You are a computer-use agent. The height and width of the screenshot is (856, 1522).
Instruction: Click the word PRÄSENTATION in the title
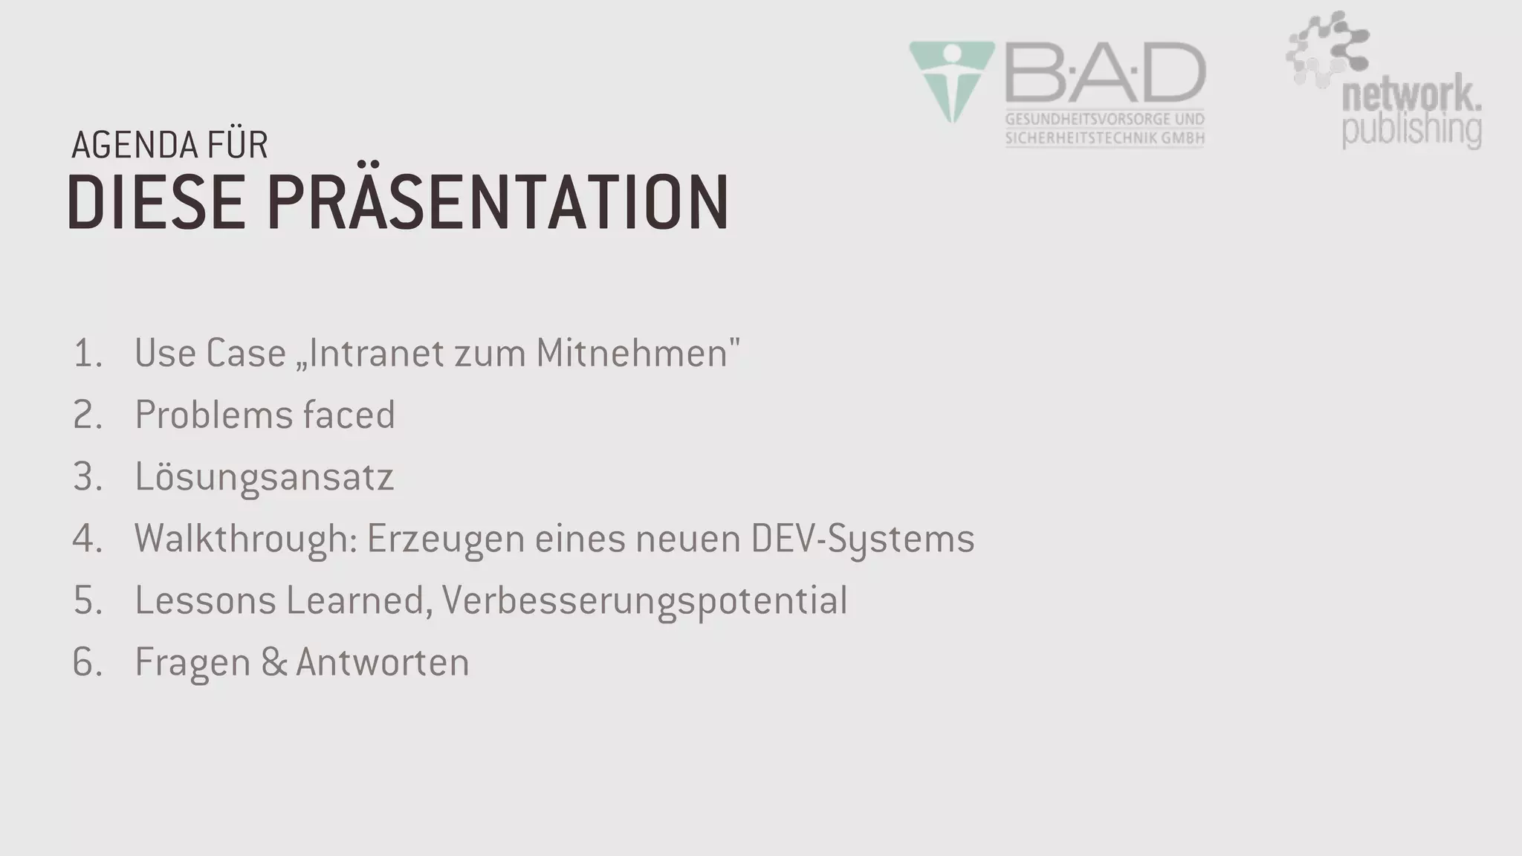[498, 202]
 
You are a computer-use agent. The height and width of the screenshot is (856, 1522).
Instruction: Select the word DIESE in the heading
[156, 202]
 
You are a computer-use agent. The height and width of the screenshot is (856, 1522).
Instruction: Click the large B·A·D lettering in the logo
[1105, 74]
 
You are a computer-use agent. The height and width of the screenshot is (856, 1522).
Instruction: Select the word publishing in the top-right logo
[1411, 129]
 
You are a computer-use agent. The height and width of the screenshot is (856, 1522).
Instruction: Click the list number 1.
[87, 353]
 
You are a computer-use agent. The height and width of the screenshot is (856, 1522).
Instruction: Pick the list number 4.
[87, 539]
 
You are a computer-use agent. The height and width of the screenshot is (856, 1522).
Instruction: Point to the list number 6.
[87, 662]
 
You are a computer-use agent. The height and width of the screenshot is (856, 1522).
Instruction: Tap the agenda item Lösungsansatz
[264, 477]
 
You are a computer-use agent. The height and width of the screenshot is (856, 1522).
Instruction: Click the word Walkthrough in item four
[246, 539]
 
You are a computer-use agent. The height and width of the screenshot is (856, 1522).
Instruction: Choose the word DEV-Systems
[862, 539]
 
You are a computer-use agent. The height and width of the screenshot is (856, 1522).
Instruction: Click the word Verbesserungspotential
[644, 600]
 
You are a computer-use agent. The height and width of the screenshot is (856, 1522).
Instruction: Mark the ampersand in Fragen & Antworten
[273, 662]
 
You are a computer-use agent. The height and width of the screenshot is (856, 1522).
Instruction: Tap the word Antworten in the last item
[382, 662]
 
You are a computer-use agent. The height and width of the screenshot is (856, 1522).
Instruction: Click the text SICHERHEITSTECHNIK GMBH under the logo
[1104, 137]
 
